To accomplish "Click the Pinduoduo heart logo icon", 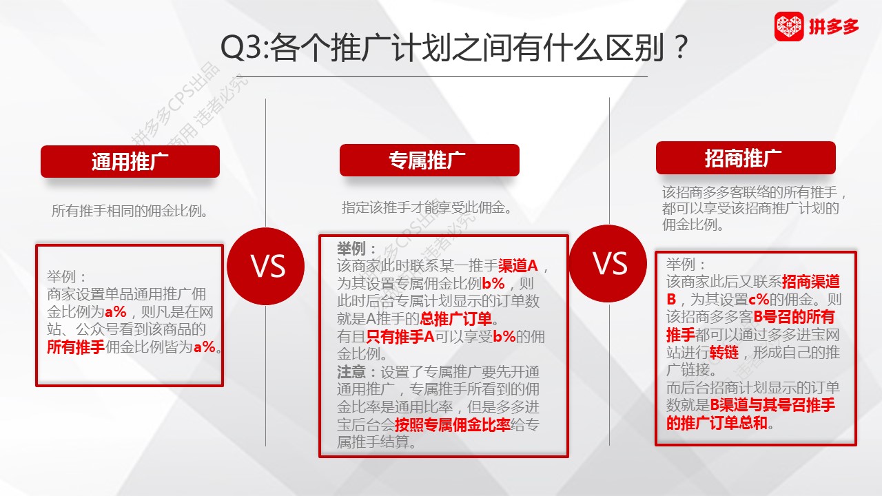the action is coord(789,26).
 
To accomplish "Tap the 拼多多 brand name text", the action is coord(834,27).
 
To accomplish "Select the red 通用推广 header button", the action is coord(130,161).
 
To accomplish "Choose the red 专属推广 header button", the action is coord(429,161).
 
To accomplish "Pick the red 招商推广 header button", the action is coord(746,158).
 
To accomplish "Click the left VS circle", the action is coord(266,266).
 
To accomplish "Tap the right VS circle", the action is coord(608,263).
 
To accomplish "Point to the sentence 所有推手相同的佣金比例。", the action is coord(130,211).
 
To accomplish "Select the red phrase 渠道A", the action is coord(517,266).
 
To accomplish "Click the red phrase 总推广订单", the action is coord(456,319).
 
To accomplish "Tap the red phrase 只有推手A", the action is coord(400,337).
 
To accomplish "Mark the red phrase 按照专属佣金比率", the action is coord(453,425).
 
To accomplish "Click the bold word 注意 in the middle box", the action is coord(351,371).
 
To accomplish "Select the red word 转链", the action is coord(724,352).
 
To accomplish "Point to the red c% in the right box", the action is coord(759,300).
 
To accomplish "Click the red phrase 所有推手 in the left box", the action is coord(76,347).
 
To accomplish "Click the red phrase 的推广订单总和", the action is coord(717,423).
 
